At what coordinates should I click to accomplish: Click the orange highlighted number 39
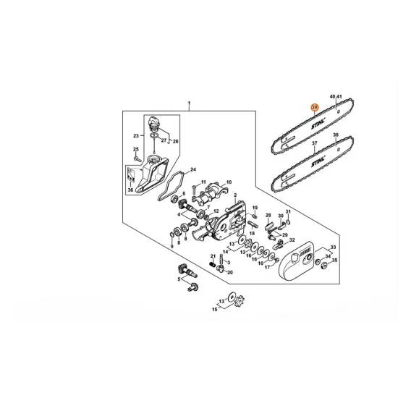click(x=314, y=107)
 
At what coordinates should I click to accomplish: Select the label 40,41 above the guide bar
click(x=335, y=96)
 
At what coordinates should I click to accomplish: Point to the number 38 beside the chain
click(x=335, y=135)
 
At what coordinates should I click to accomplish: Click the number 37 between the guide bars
click(x=314, y=144)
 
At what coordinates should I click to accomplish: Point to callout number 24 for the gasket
click(x=192, y=171)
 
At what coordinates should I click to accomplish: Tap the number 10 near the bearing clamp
click(x=229, y=182)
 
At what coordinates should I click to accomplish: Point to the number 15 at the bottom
click(x=214, y=310)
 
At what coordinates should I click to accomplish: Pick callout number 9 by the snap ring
click(x=172, y=246)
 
